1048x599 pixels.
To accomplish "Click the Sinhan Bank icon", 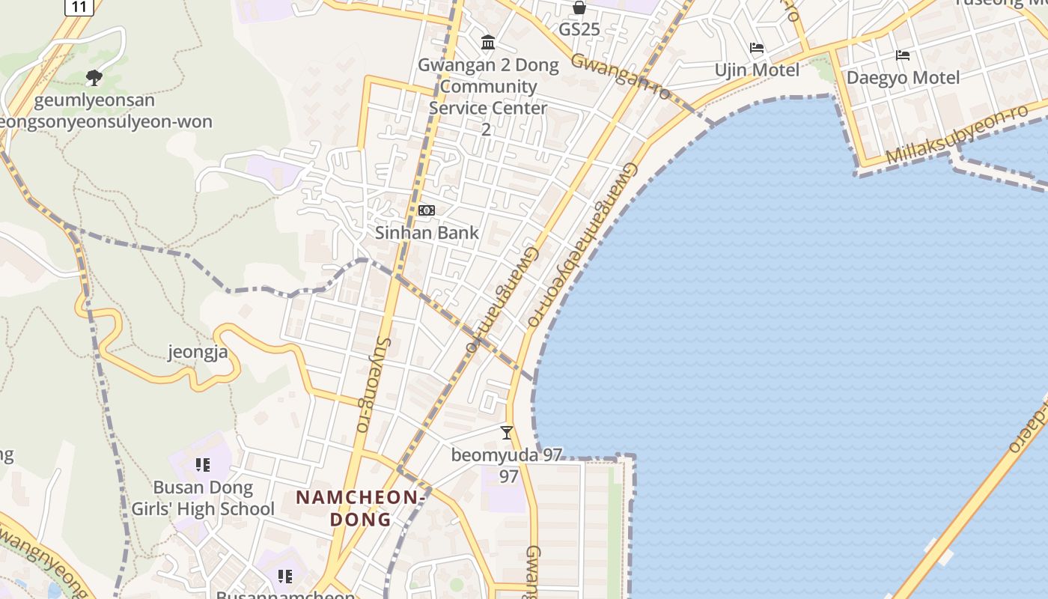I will [x=427, y=210].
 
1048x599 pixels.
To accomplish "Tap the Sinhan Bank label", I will [x=427, y=232].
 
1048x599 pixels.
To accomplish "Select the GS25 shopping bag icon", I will [x=579, y=7].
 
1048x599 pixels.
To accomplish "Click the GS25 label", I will [x=579, y=29].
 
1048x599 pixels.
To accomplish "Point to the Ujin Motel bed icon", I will [x=757, y=49].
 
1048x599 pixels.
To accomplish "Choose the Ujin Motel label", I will [x=757, y=70].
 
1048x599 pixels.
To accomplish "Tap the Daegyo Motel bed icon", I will [x=903, y=55].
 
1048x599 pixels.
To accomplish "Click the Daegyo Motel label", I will [x=903, y=77].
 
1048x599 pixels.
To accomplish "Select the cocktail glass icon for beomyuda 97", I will [x=507, y=433].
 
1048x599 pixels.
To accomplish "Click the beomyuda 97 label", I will [x=507, y=454].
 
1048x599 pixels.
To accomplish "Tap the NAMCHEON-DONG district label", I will [x=362, y=508].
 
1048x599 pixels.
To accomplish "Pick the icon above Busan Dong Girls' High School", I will [x=203, y=466].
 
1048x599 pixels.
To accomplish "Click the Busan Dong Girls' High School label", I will [x=203, y=499].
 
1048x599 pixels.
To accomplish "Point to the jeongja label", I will [x=198, y=351].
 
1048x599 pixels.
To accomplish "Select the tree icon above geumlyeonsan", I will [x=94, y=77].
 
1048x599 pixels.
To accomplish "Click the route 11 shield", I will [x=79, y=7].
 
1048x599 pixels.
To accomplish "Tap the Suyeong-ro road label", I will [x=372, y=384].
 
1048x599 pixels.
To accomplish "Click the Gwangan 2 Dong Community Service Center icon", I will [x=488, y=43].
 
